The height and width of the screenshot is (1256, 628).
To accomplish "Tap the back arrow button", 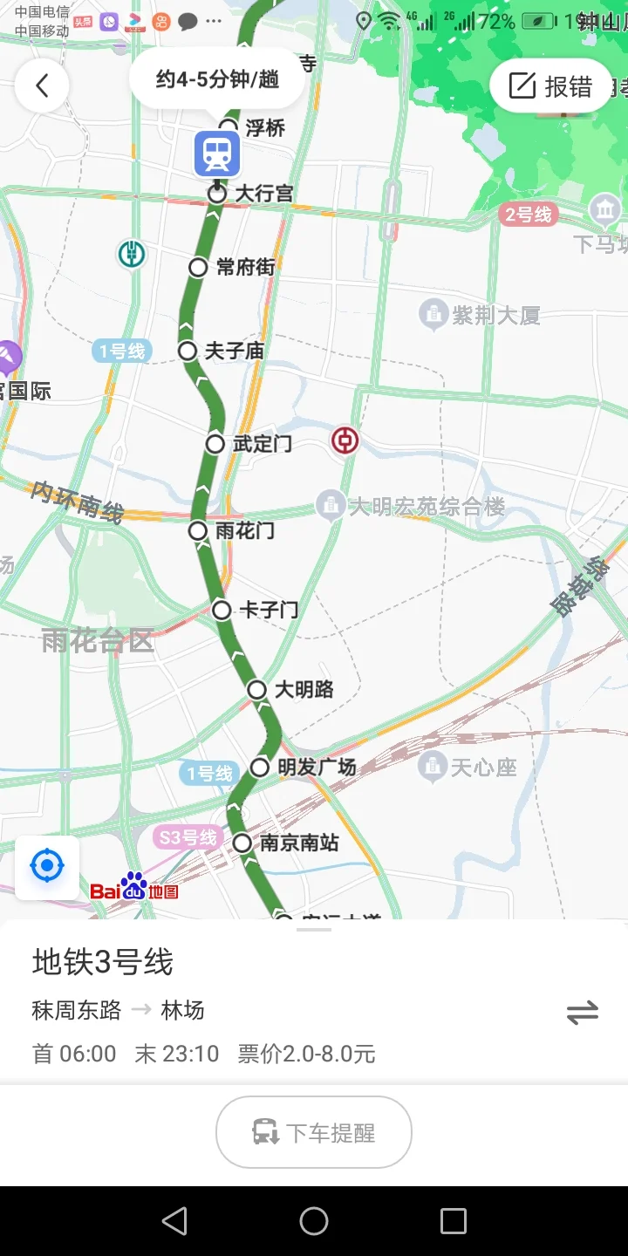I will click(x=42, y=85).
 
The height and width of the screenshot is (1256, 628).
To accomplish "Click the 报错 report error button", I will click(x=551, y=86).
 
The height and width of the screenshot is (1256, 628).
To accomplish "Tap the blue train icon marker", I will click(x=217, y=154).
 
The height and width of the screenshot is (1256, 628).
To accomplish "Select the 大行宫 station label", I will click(x=264, y=193).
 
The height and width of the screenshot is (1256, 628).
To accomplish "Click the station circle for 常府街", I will click(x=198, y=267).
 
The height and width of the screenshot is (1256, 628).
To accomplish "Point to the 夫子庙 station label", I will click(x=234, y=351).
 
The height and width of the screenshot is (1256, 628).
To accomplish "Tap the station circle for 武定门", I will click(x=215, y=444).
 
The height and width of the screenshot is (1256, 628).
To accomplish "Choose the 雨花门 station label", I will click(x=244, y=530).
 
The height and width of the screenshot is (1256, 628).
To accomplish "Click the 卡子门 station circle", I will click(x=222, y=610).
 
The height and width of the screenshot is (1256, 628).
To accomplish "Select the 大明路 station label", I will click(x=304, y=689).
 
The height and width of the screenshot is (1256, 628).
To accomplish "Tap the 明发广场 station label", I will click(x=317, y=768).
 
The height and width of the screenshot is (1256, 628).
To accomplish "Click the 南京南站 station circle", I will click(x=242, y=843).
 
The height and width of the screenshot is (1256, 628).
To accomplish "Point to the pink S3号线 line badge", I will click(x=186, y=838).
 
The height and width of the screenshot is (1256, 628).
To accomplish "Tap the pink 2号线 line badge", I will click(x=529, y=215).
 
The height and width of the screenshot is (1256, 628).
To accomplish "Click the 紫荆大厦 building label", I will click(x=495, y=315).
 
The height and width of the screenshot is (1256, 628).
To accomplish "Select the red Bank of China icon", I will click(x=345, y=440).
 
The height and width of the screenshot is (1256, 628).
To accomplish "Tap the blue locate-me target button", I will click(x=47, y=867).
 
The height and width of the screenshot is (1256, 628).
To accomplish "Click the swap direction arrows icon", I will click(x=582, y=1013).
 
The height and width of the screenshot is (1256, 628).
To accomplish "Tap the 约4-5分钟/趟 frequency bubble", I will click(x=217, y=79).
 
